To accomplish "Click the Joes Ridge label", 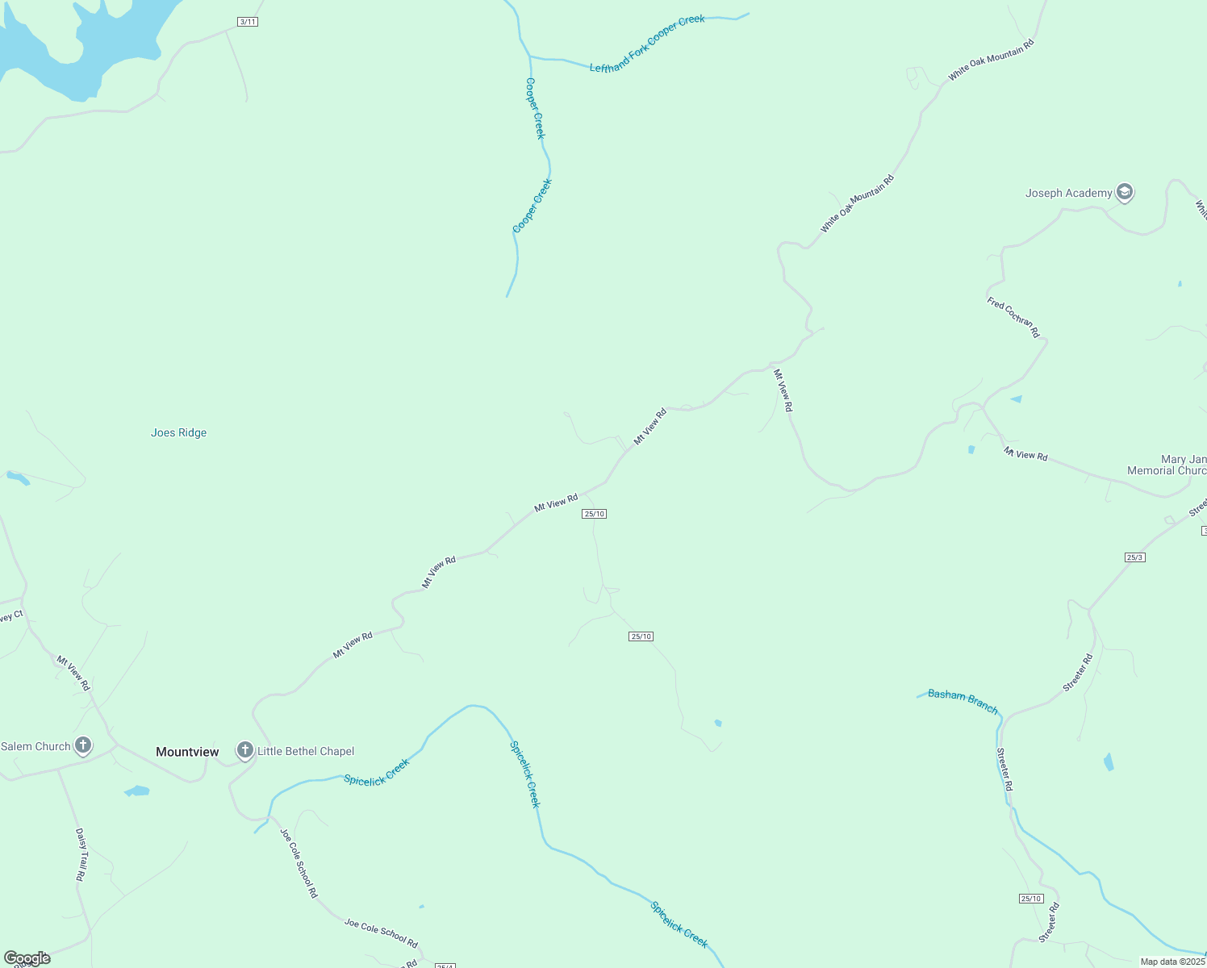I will [178, 433].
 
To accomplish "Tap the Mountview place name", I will [187, 752].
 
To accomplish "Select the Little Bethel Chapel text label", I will [306, 751].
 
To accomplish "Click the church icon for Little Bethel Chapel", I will [245, 750].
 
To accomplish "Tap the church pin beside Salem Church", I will [83, 745].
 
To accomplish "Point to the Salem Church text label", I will [35, 746].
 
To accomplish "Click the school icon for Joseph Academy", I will [1125, 193].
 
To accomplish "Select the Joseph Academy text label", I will [1068, 193].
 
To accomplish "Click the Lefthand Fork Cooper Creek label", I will [647, 44].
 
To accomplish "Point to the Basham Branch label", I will [963, 700].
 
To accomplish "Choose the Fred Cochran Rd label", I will [1013, 317].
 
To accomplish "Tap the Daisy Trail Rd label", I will [81, 853].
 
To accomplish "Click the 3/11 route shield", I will [248, 22].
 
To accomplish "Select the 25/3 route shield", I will [1135, 557].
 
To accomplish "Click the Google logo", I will [27, 958].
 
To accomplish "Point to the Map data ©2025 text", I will [1171, 962].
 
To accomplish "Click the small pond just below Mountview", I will [137, 791].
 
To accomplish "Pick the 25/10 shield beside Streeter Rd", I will [1031, 899].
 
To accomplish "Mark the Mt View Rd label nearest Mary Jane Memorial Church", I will [1025, 454].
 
